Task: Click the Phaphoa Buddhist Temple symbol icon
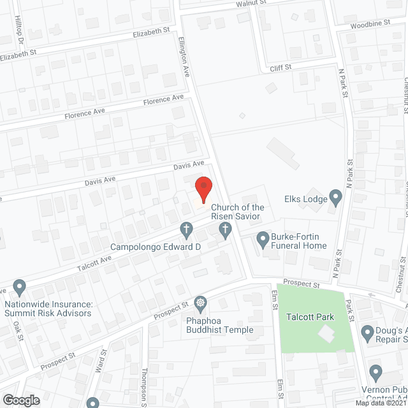201,302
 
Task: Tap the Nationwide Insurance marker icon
20,286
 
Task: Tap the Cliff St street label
280,67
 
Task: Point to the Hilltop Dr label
18,29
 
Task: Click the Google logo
21,400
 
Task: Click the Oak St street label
17,330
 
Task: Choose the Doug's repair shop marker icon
368,331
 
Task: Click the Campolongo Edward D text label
156,247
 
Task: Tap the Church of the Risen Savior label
237,212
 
